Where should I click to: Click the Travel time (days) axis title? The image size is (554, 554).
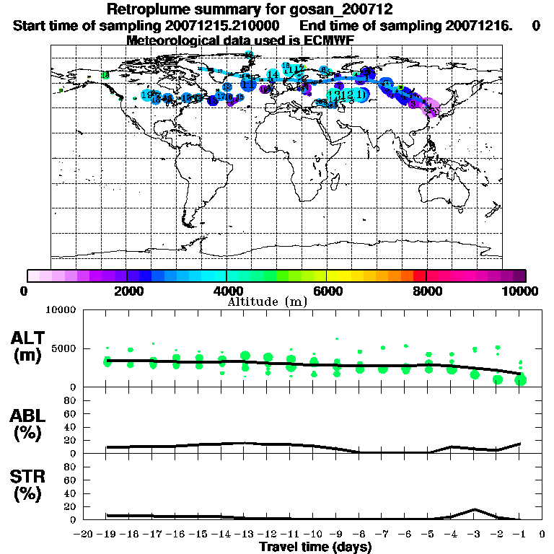(315, 547)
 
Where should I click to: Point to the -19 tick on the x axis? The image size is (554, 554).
(107, 534)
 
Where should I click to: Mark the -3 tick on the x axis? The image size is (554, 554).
(473, 534)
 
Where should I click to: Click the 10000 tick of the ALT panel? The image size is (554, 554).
(61, 311)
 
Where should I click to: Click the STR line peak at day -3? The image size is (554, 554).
(474, 509)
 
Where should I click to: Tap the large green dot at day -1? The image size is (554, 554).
(519, 380)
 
